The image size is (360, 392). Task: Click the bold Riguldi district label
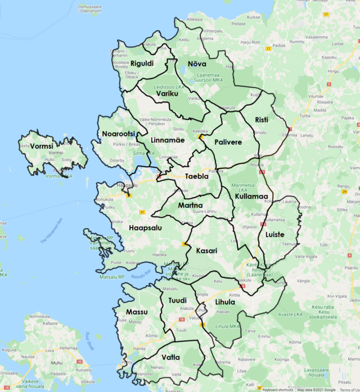click(142, 64)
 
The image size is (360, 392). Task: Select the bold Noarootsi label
click(119, 133)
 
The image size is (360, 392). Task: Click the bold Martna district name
click(190, 206)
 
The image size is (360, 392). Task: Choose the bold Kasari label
click(206, 251)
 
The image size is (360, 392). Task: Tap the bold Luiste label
click(275, 234)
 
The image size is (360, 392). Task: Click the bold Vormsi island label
click(42, 145)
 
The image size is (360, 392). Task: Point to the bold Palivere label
click(228, 142)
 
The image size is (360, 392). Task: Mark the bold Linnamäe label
click(168, 140)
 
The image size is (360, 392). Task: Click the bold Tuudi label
click(177, 300)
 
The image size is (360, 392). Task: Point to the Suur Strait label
click(91, 341)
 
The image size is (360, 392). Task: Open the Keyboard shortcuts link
click(277, 389)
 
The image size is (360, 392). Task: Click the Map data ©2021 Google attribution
click(317, 389)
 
